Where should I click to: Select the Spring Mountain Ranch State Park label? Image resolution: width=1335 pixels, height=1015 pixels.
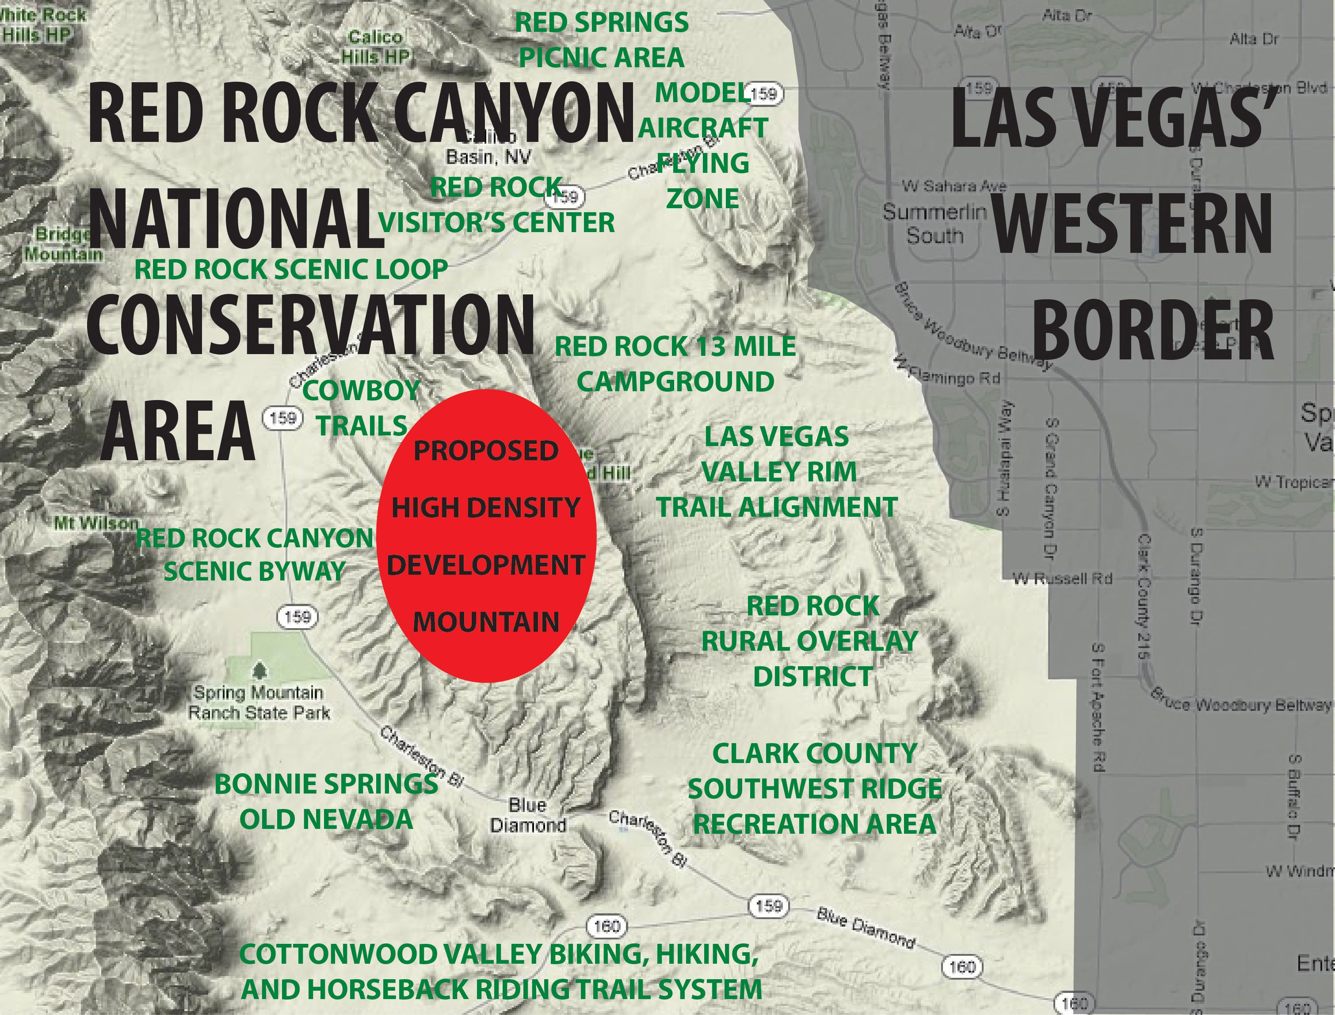[259, 702]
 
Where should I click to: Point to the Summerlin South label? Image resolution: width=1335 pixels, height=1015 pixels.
[934, 223]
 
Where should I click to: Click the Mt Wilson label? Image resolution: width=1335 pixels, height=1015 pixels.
[95, 523]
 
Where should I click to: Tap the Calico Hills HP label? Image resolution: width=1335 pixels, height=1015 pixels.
[375, 46]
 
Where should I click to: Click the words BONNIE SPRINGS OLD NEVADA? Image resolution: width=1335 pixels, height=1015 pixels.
[326, 801]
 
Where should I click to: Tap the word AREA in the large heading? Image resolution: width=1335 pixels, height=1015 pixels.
[179, 431]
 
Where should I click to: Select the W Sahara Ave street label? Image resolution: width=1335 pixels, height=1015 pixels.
[954, 186]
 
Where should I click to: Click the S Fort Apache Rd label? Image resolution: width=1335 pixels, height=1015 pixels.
[1099, 707]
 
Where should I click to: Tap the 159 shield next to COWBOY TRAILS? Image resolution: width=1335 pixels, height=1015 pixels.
[282, 417]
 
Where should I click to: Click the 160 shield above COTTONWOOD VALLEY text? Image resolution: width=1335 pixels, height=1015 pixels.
[606, 926]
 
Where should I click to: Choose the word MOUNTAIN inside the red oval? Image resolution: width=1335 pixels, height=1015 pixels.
[486, 622]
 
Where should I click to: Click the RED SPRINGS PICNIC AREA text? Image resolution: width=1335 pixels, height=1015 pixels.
[602, 40]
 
